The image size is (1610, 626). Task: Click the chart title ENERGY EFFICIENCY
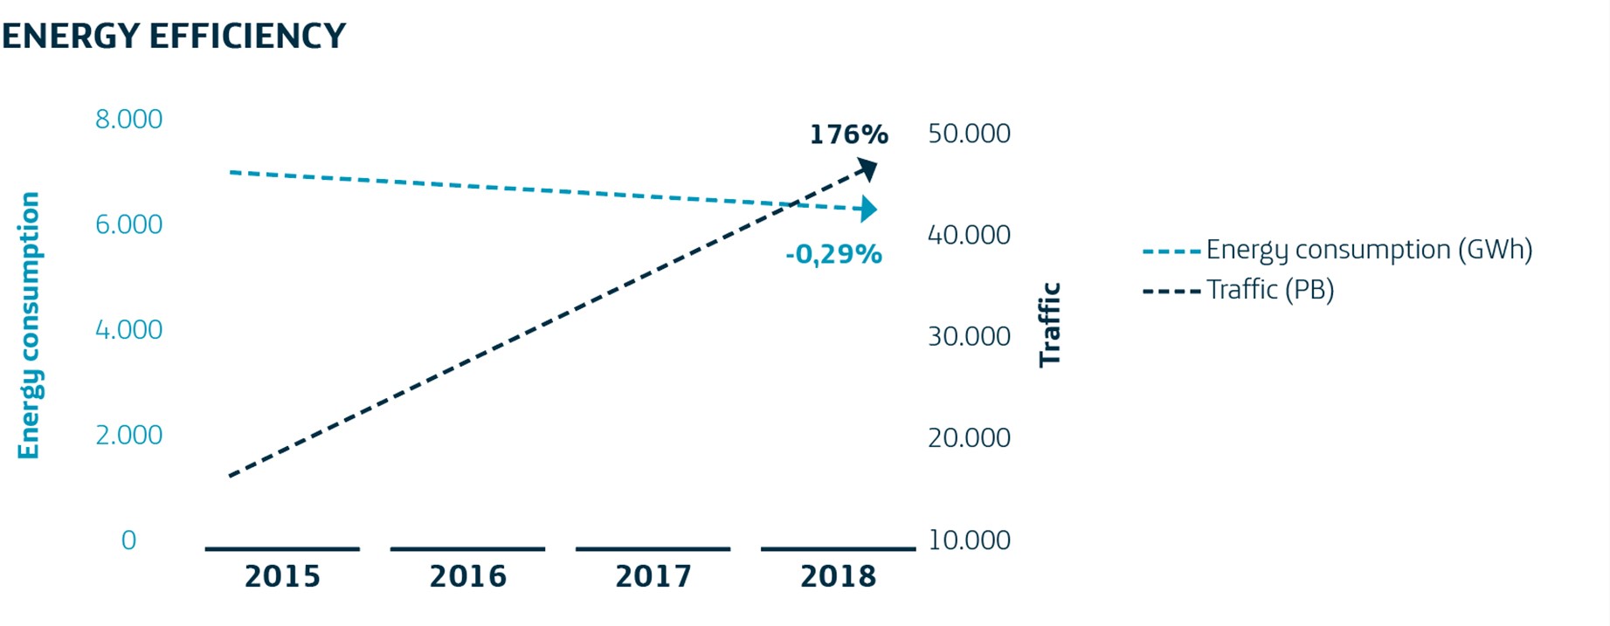click(x=174, y=36)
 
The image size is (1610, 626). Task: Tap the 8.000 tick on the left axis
click(x=128, y=119)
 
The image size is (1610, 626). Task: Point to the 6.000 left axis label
click(x=128, y=224)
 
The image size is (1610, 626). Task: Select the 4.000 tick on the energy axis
click(x=128, y=329)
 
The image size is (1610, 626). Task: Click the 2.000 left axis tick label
click(x=128, y=435)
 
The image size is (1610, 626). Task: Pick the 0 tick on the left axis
click(x=128, y=540)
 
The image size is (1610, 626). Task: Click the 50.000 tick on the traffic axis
click(x=969, y=134)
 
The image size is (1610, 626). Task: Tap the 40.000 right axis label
click(x=969, y=235)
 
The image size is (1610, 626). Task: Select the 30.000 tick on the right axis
click(x=969, y=336)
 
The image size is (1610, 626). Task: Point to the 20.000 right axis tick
click(x=969, y=437)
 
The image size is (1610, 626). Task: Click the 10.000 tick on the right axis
click(x=969, y=540)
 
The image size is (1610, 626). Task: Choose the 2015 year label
click(x=282, y=576)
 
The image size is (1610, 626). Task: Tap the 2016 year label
click(x=467, y=576)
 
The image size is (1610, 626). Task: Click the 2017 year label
click(x=653, y=576)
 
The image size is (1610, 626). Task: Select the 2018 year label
click(x=838, y=576)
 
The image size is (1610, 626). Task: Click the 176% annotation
click(x=848, y=134)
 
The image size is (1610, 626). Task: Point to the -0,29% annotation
click(x=833, y=254)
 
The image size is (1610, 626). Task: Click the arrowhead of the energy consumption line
click(x=867, y=209)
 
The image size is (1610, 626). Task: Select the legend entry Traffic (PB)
click(x=1269, y=290)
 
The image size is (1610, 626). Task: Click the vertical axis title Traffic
click(x=1049, y=325)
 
